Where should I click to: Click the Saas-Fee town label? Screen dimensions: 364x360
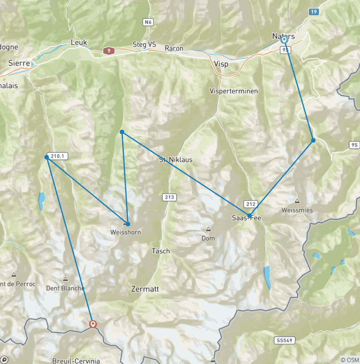[x=247, y=218]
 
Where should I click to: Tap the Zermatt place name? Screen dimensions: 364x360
[x=145, y=289]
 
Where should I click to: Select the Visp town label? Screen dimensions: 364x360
[x=221, y=64]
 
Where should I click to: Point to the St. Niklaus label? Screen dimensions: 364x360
[x=175, y=159]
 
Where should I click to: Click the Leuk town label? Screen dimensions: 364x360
[x=79, y=42]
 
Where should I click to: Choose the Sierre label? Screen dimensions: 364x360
[x=19, y=63]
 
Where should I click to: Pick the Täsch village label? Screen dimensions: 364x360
[x=160, y=251]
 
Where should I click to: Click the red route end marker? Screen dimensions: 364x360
[x=93, y=324]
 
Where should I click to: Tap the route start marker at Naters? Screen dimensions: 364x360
[x=284, y=40]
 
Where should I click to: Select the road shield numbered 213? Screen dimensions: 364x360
[x=170, y=197]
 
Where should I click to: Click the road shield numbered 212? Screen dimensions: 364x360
[x=250, y=204]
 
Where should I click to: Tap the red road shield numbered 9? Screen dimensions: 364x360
[x=109, y=51]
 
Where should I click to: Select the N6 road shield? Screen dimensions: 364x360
[x=148, y=22]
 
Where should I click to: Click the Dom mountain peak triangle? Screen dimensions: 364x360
[x=208, y=230]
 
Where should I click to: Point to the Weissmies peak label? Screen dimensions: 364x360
[x=297, y=210]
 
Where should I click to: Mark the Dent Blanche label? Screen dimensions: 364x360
[x=66, y=288]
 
